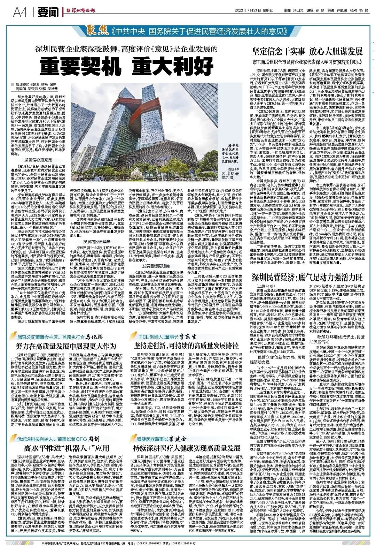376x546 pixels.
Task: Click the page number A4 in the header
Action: [20, 12]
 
